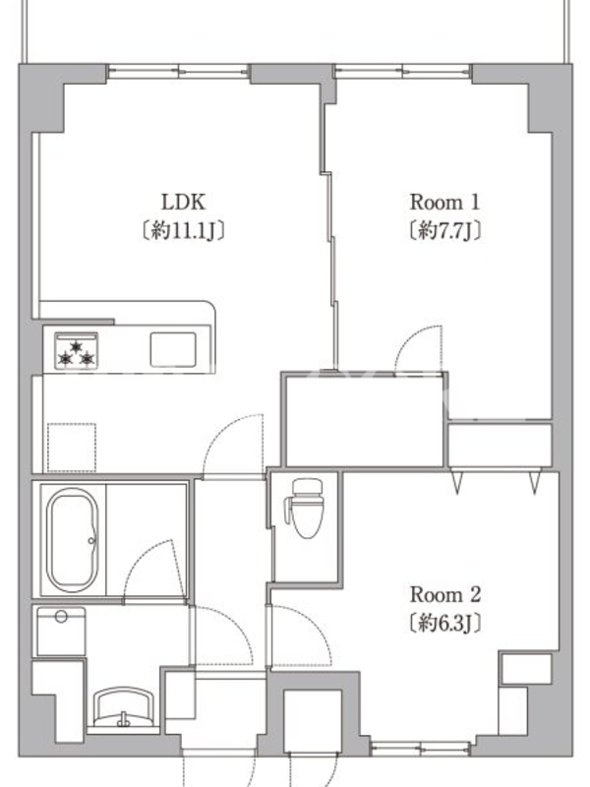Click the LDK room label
click(x=183, y=203)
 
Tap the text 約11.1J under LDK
click(x=183, y=231)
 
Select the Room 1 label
click(x=445, y=203)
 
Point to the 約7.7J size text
click(x=445, y=231)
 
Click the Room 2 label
click(x=445, y=595)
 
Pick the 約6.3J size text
click(x=445, y=624)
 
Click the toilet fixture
click(x=304, y=508)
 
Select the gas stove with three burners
click(x=77, y=351)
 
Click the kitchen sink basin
click(x=173, y=349)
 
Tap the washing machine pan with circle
click(x=61, y=632)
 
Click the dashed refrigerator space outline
click(x=72, y=448)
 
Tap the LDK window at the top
click(x=178, y=71)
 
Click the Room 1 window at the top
click(x=403, y=71)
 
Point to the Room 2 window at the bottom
click(x=421, y=750)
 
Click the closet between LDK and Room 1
click(x=365, y=421)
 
